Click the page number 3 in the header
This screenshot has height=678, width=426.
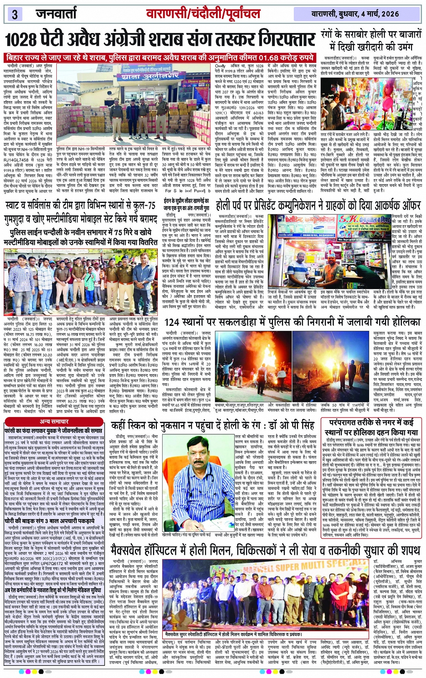tap(14, 14)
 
